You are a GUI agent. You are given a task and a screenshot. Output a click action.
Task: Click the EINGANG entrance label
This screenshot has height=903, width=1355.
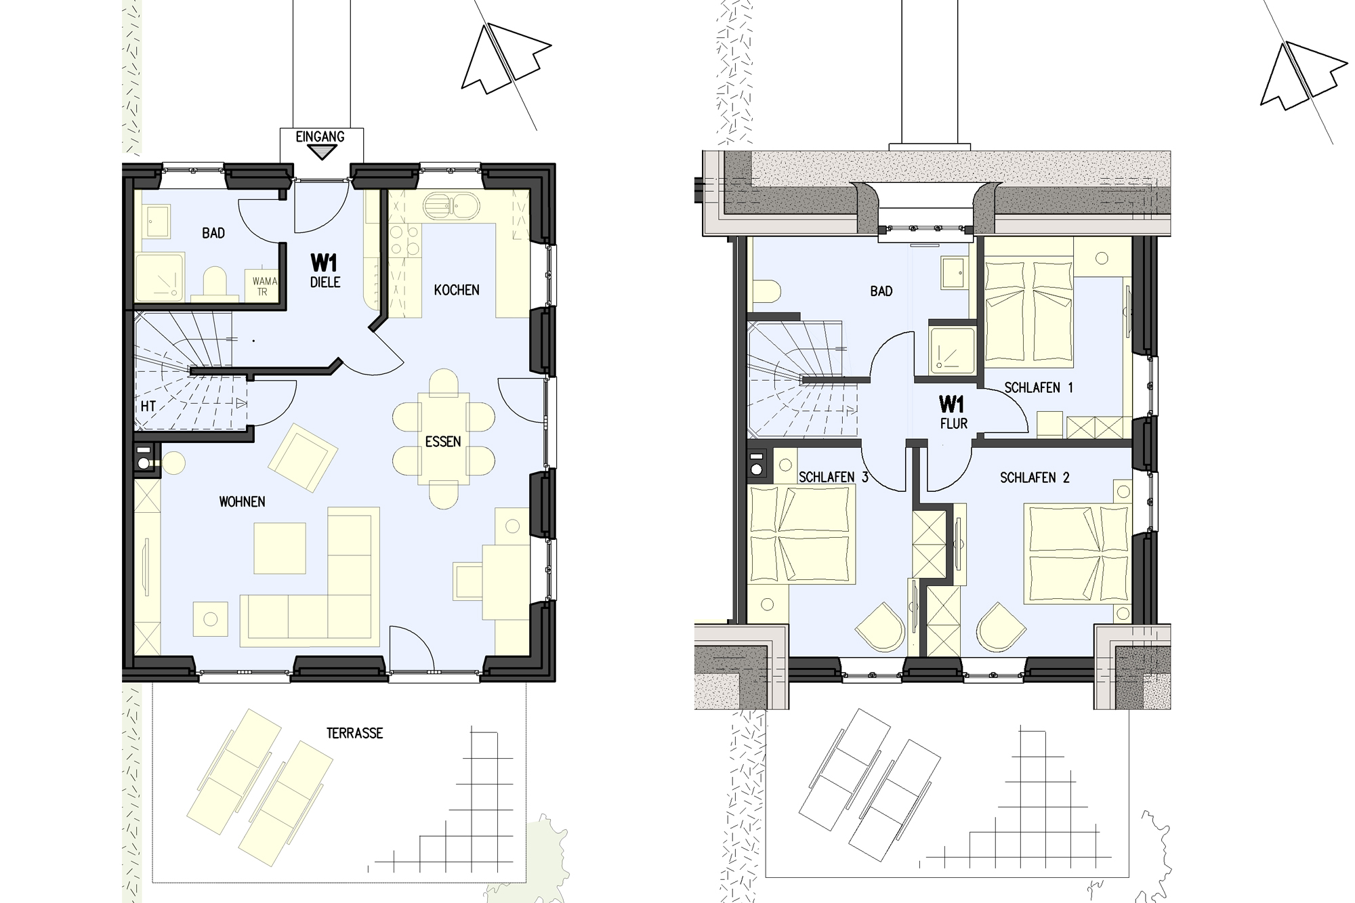coord(320,137)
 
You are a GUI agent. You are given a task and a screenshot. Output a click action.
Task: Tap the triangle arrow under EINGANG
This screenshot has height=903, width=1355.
coord(321,152)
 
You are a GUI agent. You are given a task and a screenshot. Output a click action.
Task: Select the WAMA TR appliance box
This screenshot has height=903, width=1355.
coord(264,286)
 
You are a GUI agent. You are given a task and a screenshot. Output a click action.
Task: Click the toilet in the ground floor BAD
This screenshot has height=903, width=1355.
coord(214,282)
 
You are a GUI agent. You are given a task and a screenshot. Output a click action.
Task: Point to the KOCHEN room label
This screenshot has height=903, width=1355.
coord(457,290)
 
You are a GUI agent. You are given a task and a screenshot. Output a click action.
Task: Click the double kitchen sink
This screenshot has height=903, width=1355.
coord(452,204)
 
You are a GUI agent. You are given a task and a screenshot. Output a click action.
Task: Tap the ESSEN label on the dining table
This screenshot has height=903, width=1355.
coord(443,442)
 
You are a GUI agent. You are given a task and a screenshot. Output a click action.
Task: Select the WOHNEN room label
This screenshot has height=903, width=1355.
coord(242,502)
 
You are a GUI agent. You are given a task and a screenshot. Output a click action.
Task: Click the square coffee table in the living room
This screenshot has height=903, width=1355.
coord(280,548)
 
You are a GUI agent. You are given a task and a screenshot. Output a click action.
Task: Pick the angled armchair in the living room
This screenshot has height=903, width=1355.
coord(303,457)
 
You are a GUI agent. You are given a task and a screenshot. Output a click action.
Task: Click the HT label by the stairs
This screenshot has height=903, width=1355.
coord(148,406)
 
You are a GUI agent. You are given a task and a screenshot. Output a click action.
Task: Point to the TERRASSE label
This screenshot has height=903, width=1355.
coord(354,733)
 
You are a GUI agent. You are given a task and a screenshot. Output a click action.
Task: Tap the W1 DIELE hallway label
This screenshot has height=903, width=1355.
coord(325,270)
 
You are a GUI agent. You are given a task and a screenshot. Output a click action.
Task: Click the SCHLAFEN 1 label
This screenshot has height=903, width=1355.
coord(1039,388)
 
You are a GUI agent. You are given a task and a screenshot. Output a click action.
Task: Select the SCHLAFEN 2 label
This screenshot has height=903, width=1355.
coord(1035,478)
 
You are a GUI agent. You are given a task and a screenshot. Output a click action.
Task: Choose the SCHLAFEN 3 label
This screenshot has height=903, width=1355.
coord(833,478)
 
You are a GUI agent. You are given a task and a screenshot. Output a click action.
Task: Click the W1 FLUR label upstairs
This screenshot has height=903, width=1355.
coord(953,413)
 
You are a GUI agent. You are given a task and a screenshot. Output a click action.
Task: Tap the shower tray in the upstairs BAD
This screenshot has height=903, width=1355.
coord(952,350)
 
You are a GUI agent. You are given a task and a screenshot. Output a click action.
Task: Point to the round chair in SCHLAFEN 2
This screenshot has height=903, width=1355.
coord(1001,628)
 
